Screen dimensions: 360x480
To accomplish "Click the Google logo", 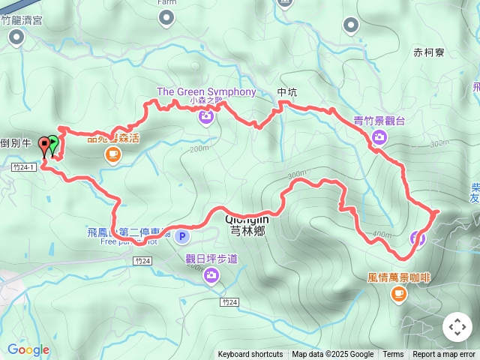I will [x=28, y=349].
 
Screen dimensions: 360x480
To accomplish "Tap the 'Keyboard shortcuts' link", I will [x=250, y=355].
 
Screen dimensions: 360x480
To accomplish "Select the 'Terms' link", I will [x=393, y=355].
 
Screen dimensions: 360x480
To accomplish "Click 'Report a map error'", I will [x=444, y=355].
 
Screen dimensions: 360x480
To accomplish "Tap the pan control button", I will [x=457, y=327].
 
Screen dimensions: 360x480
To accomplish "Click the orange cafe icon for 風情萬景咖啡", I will [x=398, y=293].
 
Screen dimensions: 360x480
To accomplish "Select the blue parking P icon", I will [x=182, y=237].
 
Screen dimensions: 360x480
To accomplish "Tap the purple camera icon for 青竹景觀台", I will [x=379, y=136].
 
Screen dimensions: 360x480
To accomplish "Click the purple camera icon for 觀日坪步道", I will [x=211, y=276].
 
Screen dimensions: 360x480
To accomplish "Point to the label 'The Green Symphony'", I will [x=206, y=92].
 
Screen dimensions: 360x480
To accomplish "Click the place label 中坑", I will [x=287, y=93].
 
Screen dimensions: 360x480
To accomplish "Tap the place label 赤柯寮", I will [x=429, y=53].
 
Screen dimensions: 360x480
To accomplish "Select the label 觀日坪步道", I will [x=211, y=259].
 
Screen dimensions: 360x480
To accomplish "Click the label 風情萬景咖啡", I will [x=399, y=277].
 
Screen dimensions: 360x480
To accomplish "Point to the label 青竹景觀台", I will [x=379, y=120].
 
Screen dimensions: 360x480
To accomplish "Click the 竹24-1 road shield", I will [x=25, y=168].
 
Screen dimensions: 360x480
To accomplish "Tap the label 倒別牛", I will [x=16, y=143].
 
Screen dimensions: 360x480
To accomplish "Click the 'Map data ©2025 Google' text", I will [x=332, y=355].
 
